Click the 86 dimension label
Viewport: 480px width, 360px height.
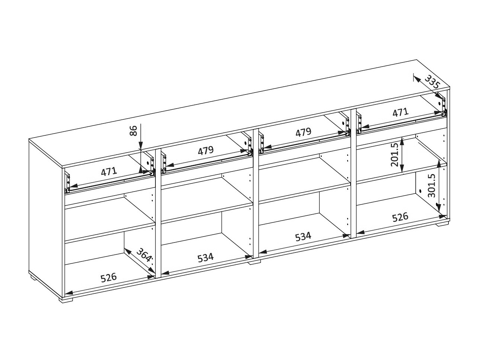click(x=133, y=131)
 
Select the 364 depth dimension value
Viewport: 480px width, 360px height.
click(x=144, y=255)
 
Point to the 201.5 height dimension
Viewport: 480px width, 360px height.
click(x=395, y=155)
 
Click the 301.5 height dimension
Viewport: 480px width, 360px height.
click(x=432, y=186)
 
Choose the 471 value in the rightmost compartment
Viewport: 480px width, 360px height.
click(x=400, y=112)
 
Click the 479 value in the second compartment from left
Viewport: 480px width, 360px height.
click(x=206, y=151)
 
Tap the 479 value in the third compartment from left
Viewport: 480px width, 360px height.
click(x=303, y=132)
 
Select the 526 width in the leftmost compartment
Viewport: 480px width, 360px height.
click(x=109, y=277)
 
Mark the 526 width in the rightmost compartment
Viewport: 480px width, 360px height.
click(x=400, y=217)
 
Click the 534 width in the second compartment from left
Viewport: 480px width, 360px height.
click(x=205, y=257)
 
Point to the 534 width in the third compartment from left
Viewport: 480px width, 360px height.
click(x=303, y=237)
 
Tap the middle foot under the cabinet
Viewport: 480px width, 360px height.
click(x=255, y=262)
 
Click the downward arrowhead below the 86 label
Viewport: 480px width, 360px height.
click(x=141, y=145)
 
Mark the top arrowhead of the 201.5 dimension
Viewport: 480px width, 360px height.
click(x=402, y=141)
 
